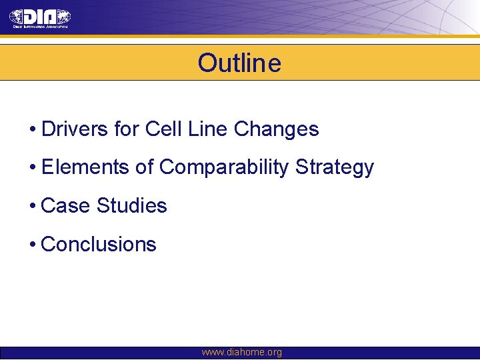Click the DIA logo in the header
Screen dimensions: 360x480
(x=40, y=17)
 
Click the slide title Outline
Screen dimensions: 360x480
(x=239, y=63)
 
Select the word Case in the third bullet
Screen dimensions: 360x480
(x=65, y=205)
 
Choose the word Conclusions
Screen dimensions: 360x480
(x=99, y=244)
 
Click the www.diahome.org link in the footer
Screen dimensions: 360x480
(x=241, y=352)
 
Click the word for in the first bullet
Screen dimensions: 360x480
(x=125, y=129)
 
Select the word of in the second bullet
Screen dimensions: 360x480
(x=145, y=167)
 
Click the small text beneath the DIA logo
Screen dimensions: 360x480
(x=39, y=27)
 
